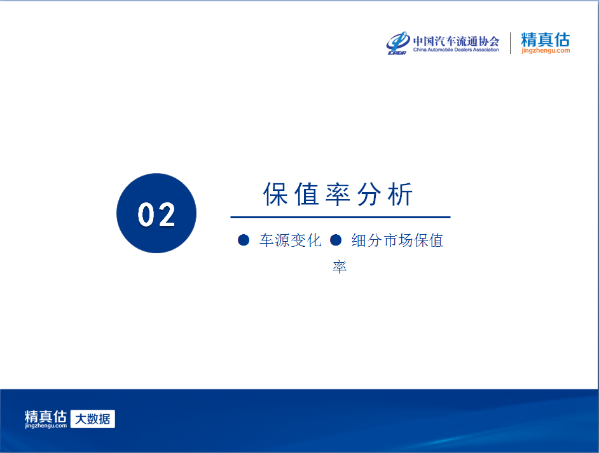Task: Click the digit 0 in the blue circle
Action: [146, 214]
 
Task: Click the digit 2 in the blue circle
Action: [166, 214]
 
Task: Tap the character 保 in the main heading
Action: [275, 194]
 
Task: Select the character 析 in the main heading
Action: [401, 194]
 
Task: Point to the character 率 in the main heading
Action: [338, 194]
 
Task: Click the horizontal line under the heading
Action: [340, 217]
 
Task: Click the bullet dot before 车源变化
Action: [244, 240]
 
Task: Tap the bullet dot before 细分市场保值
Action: [335, 240]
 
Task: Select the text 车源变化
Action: [291, 240]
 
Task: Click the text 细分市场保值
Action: [397, 240]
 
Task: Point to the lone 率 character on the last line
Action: [340, 267]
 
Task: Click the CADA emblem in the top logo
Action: [397, 43]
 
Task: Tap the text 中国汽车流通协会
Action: [456, 41]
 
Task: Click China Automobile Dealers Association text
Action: [456, 50]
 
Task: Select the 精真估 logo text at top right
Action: [546, 39]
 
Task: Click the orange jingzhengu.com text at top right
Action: [546, 50]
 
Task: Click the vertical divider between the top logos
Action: [511, 43]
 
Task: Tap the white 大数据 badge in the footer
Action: [93, 419]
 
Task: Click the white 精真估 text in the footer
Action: [46, 416]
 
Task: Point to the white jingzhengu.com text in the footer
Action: [46, 426]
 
